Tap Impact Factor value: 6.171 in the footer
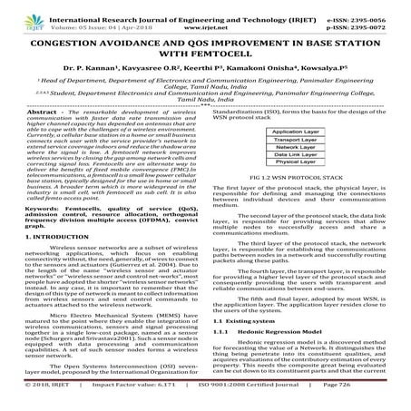click(124, 404)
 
